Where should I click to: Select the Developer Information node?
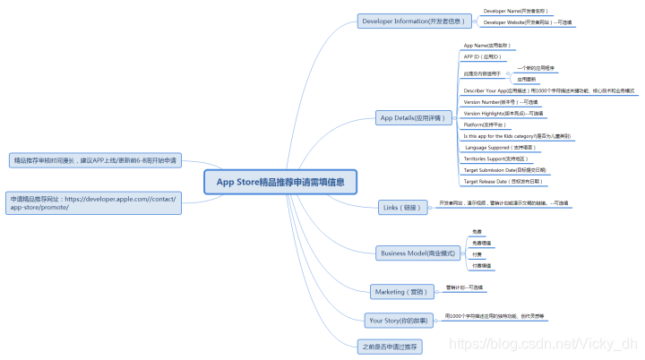point(410,21)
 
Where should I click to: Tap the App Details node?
point(410,117)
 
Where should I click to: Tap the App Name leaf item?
point(486,45)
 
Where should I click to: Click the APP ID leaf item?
point(482,56)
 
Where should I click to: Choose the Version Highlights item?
point(503,114)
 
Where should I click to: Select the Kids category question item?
point(517,136)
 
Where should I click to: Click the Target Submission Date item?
point(504,169)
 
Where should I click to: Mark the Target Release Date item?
point(503,181)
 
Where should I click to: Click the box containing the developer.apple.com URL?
point(93,201)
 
